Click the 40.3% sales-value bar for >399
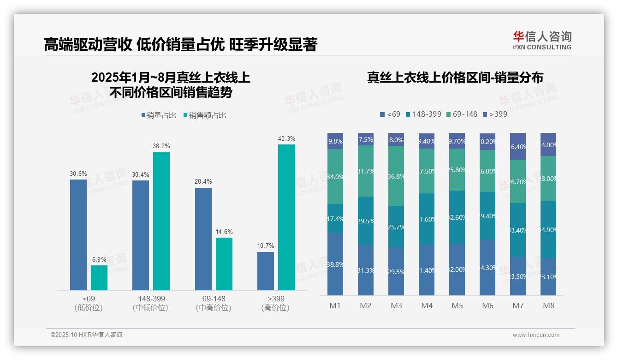286,217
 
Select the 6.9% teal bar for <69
99,277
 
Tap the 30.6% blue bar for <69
78,234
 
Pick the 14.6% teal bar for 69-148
224,264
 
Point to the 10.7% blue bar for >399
266,270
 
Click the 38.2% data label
161,146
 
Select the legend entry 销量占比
159,115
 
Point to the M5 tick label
457,306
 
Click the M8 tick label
548,306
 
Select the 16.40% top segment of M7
518,146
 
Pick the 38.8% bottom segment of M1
335,264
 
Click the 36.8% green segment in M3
396,176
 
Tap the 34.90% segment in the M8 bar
548,229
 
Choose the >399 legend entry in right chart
494,114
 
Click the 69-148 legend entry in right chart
462,114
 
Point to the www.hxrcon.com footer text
536,335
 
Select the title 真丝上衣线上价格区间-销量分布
455,77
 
